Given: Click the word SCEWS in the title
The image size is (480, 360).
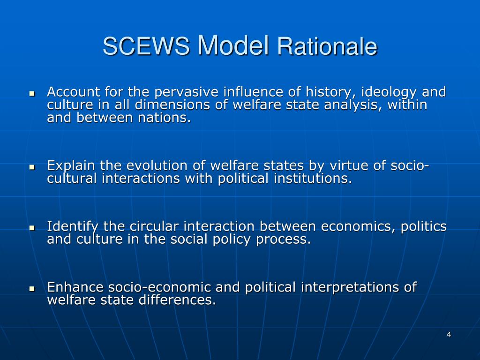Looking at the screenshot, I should click(x=146, y=47).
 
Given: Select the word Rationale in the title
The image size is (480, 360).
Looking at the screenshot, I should click(x=327, y=47).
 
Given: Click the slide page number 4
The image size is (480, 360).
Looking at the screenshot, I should click(x=449, y=334).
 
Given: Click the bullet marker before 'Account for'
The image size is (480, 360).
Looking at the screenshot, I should click(x=32, y=93).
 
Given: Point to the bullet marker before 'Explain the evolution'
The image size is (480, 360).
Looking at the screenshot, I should click(x=32, y=167).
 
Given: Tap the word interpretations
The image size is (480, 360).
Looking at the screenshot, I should click(x=350, y=287).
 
